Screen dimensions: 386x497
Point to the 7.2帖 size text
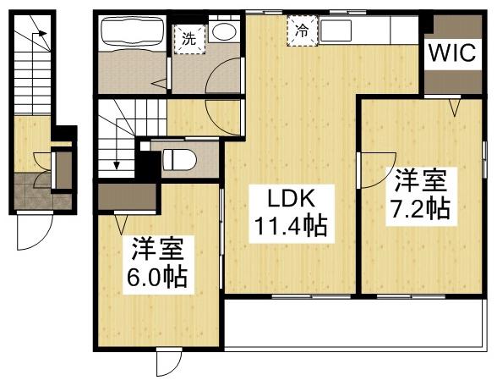click(x=420, y=208)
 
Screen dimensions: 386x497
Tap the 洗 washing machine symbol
click(x=188, y=38)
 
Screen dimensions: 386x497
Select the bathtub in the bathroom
click(x=132, y=35)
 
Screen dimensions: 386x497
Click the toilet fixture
click(x=178, y=158)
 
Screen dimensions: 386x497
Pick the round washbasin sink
click(x=224, y=33)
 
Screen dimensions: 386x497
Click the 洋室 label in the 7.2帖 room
click(x=420, y=181)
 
